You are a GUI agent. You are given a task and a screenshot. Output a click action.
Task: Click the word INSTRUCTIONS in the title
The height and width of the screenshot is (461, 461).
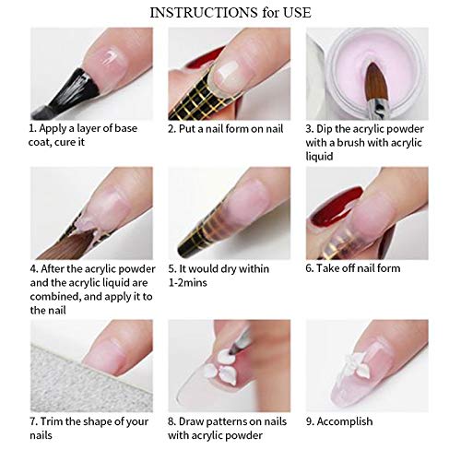click(x=196, y=13)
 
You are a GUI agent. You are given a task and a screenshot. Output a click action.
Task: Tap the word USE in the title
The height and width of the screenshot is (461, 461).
click(x=299, y=13)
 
